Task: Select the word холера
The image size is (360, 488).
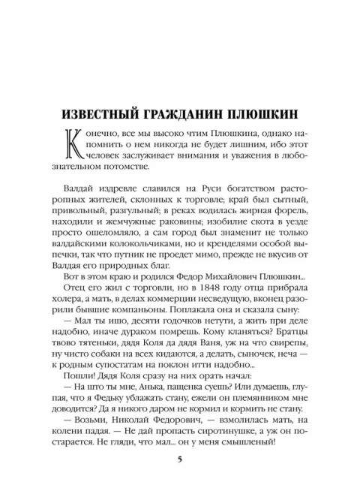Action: click(x=82, y=292)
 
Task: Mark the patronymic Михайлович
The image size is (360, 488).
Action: click(x=225, y=266)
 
